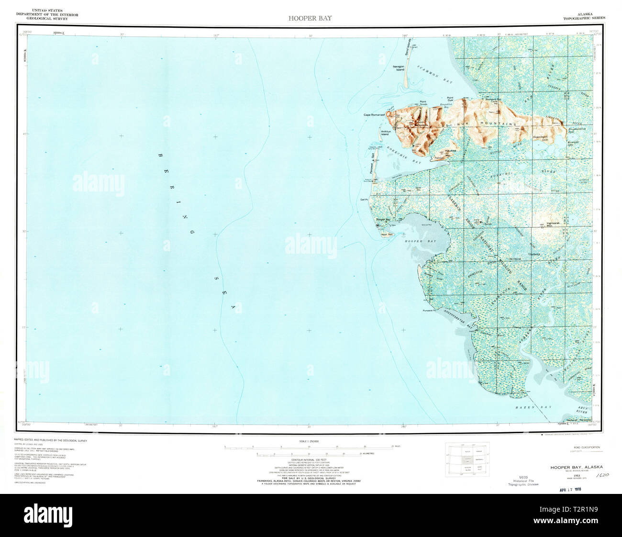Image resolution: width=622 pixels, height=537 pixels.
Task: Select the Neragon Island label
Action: click(x=399, y=67)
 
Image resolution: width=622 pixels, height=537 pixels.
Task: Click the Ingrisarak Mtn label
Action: click(x=555, y=224)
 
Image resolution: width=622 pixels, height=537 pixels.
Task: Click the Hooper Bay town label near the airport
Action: click(x=383, y=219)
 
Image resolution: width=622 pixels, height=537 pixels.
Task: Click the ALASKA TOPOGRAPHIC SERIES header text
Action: click(x=584, y=15)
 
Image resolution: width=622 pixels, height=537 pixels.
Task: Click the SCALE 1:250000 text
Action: click(x=309, y=441)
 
